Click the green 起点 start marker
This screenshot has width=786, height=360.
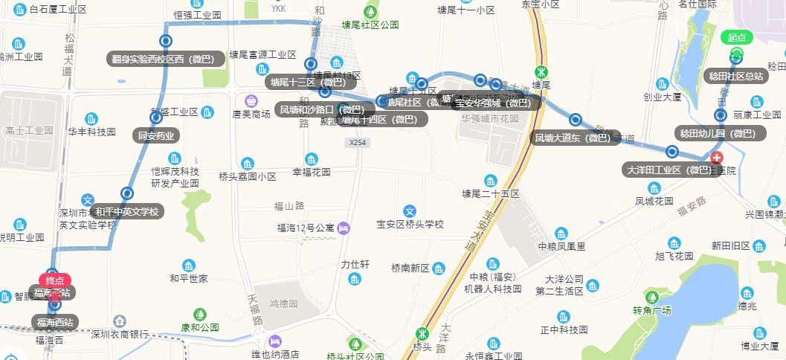click(x=736, y=38)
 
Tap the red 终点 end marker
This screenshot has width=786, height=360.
click(x=54, y=280)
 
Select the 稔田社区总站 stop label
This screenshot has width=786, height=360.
click(x=735, y=76)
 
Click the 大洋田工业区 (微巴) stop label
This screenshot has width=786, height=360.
click(x=669, y=170)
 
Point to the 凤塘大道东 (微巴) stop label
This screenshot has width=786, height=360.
click(x=576, y=137)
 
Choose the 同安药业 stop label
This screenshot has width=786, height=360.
click(x=156, y=135)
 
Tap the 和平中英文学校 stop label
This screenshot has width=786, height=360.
click(x=126, y=211)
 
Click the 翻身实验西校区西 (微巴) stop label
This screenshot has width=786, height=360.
click(x=165, y=60)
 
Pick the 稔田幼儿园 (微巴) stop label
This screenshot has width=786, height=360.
click(x=718, y=133)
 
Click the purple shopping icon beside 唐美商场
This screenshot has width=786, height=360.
click(x=251, y=100)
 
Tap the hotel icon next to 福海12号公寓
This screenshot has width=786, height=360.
click(x=343, y=228)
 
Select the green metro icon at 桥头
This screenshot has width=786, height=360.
click(x=422, y=334)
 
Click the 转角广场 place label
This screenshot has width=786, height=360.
click(x=652, y=310)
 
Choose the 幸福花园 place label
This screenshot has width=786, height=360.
click(x=311, y=172)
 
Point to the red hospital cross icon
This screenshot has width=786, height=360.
click(x=717, y=158)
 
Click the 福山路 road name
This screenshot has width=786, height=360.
click(x=289, y=206)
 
